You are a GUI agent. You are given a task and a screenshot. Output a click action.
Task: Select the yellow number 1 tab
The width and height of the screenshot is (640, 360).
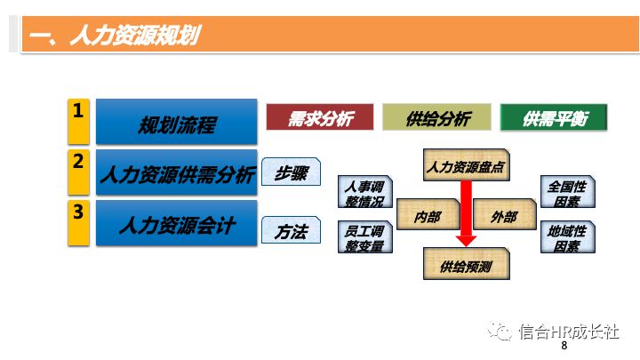pos(79,122)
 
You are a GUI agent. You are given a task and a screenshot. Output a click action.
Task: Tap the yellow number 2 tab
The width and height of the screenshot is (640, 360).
pos(79,172)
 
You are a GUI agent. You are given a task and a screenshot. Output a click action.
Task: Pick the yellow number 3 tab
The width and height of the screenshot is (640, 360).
pos(79,222)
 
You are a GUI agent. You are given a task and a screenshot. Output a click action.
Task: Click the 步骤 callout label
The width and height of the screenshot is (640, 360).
pos(290,172)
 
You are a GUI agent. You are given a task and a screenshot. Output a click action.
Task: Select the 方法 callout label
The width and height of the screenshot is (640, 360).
pos(290,231)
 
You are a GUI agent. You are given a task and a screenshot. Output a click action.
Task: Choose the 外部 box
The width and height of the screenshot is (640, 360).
pos(504,216)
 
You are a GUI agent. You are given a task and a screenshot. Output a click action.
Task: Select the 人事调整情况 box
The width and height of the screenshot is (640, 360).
pos(364,194)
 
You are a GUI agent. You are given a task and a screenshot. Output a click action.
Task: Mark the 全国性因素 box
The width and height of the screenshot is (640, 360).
pos(567,194)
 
